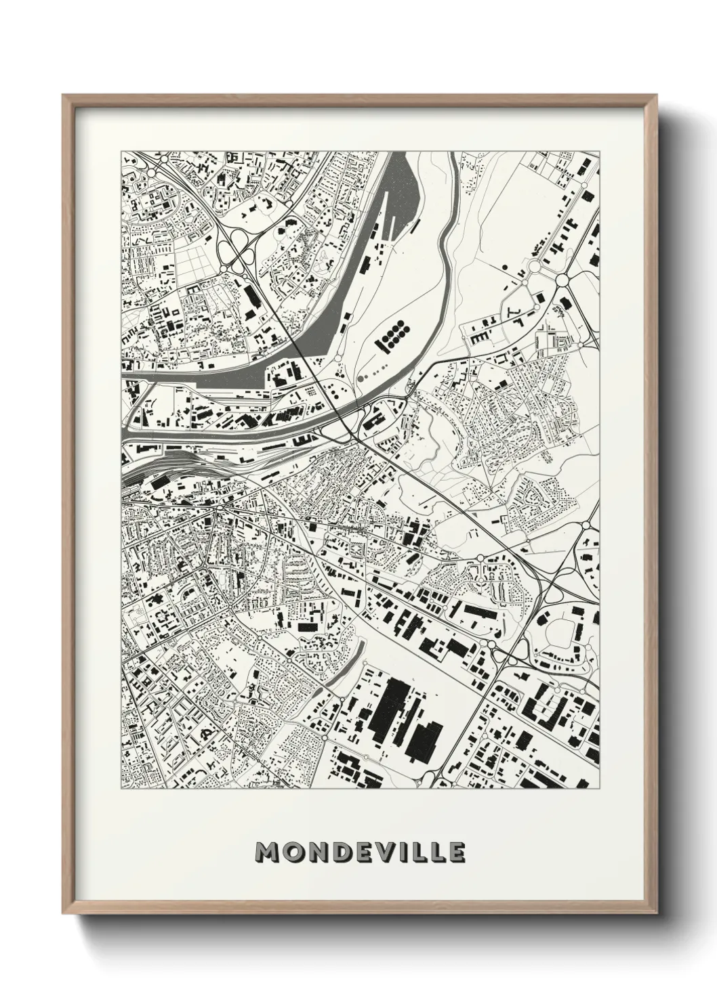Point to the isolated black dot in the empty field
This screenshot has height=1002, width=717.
click(x=505, y=266)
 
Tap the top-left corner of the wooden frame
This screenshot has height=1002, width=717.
click(x=64, y=96)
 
